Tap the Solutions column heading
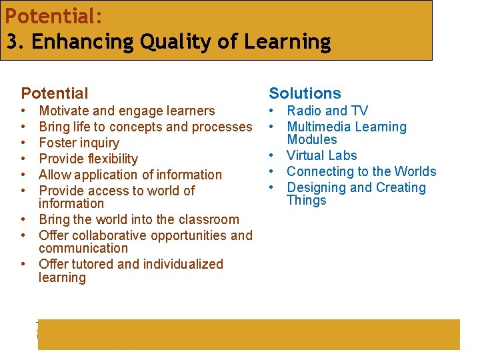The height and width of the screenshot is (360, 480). [305, 93]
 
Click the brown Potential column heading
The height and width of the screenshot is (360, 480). [55, 93]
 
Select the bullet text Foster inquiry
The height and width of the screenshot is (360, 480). [79, 143]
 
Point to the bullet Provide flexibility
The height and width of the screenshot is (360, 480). [88, 159]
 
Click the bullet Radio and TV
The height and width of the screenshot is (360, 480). [327, 111]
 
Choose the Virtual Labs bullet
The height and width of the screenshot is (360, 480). [321, 155]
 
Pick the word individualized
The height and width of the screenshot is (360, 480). [181, 264]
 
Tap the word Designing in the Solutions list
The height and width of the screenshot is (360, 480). [317, 187]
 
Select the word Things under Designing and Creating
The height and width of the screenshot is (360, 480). [306, 200]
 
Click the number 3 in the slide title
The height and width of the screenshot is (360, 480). [11, 42]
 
